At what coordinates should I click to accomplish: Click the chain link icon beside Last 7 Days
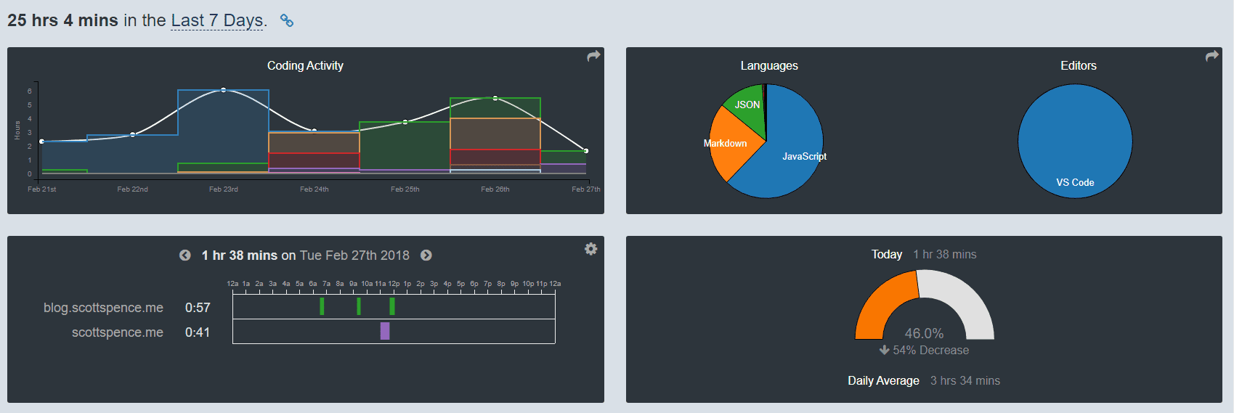point(287,21)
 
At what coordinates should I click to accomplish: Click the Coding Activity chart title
point(305,65)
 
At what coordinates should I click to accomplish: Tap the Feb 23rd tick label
point(223,189)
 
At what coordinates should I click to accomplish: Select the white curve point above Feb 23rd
point(223,90)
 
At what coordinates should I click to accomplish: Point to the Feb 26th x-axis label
point(495,189)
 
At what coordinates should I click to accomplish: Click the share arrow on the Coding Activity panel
point(593,56)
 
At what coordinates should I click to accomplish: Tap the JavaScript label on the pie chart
point(804,156)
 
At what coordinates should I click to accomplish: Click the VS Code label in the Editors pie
point(1075,182)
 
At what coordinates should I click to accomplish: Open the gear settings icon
point(591,249)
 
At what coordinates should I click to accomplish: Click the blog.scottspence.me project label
point(103,308)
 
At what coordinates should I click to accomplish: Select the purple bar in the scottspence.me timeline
point(385,331)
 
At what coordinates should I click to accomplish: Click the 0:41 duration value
point(198,332)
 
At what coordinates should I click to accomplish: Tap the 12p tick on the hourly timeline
point(394,284)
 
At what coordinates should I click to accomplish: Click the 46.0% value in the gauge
point(924,333)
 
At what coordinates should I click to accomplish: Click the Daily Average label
point(883,380)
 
